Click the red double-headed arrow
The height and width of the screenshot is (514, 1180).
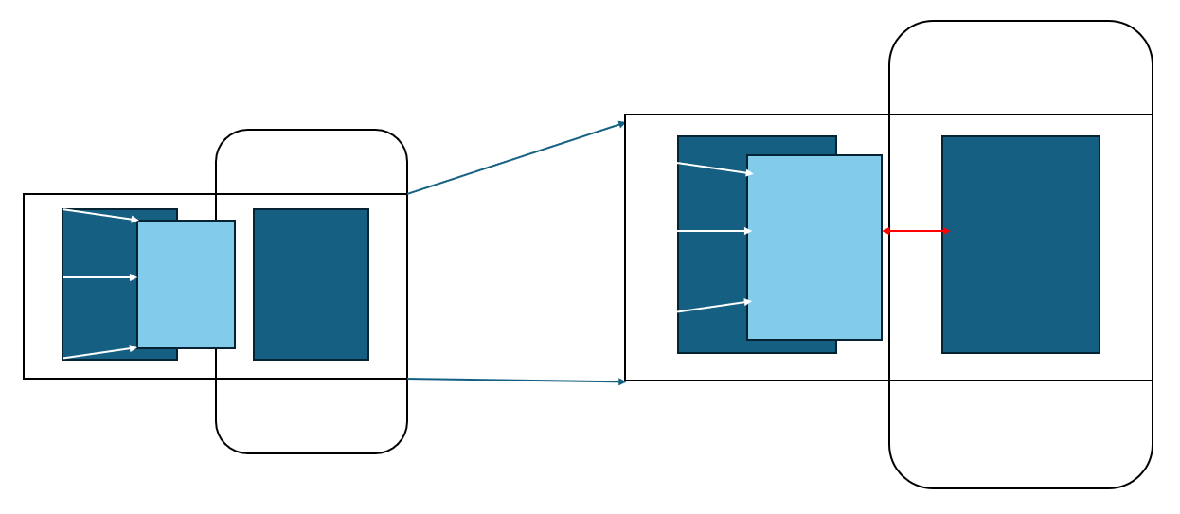[916, 231]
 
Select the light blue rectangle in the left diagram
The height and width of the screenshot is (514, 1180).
[187, 284]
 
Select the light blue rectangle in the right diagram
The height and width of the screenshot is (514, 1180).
[814, 247]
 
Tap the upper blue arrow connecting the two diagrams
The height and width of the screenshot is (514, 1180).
[516, 158]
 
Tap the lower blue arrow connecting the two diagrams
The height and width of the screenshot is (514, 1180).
[516, 381]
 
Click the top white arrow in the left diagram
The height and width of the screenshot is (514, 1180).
[99, 215]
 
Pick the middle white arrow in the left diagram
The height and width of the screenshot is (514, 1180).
[99, 277]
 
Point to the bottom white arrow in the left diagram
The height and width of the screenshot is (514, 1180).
[99, 353]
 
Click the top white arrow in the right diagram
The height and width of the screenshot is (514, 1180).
[715, 168]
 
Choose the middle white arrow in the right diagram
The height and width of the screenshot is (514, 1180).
[714, 231]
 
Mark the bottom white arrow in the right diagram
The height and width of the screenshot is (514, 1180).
[714, 307]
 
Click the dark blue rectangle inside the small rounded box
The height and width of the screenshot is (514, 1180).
[311, 284]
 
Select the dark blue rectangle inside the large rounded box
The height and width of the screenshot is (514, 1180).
[1021, 244]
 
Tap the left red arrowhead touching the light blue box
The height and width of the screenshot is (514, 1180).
[885, 231]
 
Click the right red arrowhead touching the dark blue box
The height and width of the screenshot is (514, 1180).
[946, 231]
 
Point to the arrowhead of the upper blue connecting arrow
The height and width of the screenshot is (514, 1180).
[621, 123]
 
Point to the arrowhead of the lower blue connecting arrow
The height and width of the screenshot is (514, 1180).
[621, 381]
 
